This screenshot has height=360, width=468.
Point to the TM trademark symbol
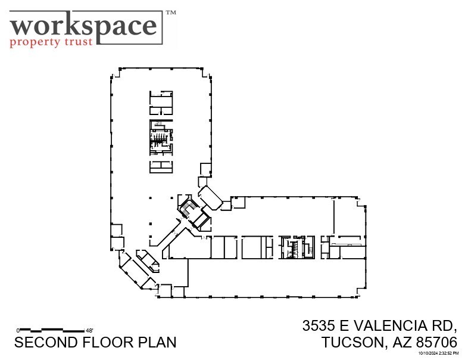pyautogui.click(x=170, y=12)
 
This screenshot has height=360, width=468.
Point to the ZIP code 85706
pyautogui.click(x=437, y=343)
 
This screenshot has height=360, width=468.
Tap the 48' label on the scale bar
pyautogui.click(x=90, y=330)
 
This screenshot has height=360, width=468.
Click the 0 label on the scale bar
pyautogui.click(x=18, y=330)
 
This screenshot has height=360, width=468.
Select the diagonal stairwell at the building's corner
pyautogui.click(x=190, y=210)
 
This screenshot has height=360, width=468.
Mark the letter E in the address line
pyautogui.click(x=344, y=326)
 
